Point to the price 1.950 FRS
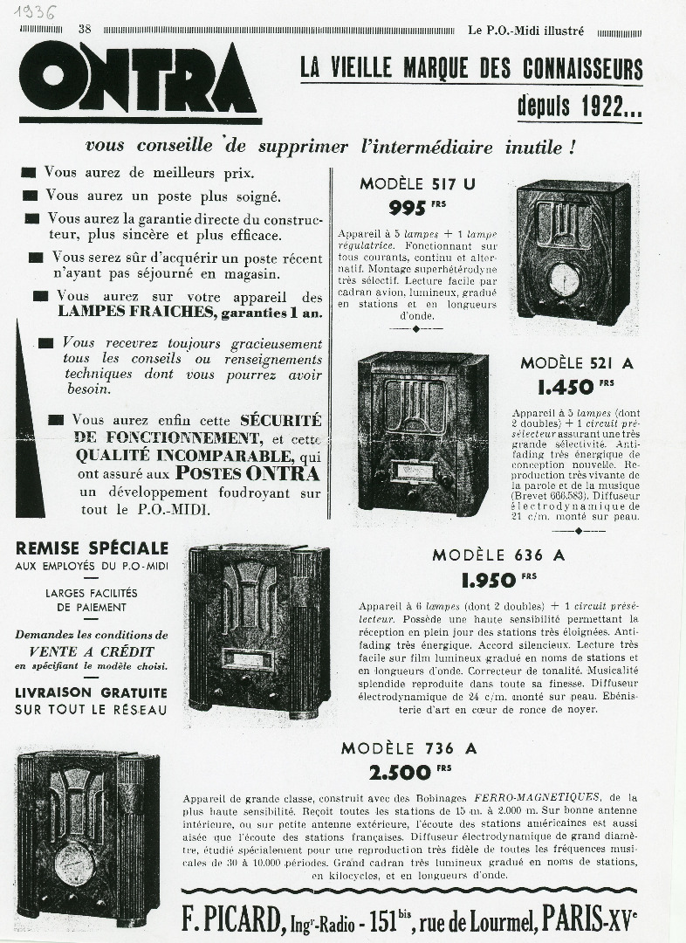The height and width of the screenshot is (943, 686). tap(498, 579)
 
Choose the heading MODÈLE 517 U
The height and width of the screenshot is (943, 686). tap(418, 183)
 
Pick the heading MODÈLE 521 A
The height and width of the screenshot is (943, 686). tap(577, 363)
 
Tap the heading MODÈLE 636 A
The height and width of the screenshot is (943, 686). tap(498, 555)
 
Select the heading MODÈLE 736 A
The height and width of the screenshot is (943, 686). tap(408, 748)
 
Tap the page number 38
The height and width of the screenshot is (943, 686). tap(85, 29)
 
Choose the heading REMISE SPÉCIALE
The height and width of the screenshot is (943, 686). tap(92, 548)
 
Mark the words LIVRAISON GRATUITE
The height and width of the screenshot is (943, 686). tap(92, 692)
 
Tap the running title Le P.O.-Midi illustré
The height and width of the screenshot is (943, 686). tap(525, 30)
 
